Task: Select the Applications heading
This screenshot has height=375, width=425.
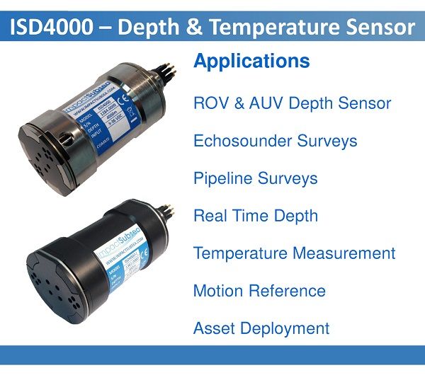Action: pos(251,61)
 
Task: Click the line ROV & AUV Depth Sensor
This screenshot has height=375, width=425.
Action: pos(292,103)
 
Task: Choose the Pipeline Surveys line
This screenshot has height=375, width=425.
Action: pos(255,178)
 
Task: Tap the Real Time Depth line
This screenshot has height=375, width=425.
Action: pos(255,216)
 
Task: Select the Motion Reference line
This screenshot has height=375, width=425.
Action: pos(259,291)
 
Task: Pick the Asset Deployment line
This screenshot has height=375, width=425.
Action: pos(261,328)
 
